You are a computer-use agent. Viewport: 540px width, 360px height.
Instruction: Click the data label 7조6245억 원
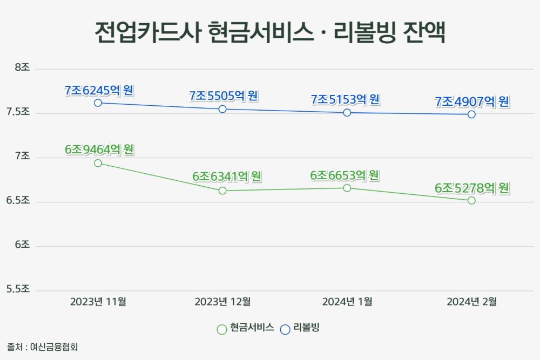coord(99,91)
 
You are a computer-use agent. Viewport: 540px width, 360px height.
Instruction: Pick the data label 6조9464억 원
coord(99,150)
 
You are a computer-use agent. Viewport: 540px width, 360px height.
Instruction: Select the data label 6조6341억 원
coord(227,176)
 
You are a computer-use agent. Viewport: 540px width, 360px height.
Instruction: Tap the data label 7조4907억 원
coord(472,102)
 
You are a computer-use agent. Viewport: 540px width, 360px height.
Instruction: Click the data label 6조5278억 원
coord(472,188)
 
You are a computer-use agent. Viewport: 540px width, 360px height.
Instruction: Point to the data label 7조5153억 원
coord(345,99)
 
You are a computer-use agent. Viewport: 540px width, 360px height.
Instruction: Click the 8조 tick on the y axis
coord(22,67)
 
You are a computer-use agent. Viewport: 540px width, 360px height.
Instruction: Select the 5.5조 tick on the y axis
coord(18,289)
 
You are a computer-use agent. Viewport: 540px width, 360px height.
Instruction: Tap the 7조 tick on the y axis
coord(22,156)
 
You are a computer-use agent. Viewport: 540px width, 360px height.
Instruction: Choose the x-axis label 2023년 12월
coord(222,302)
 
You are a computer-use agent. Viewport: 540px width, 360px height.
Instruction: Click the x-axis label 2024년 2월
coord(471,302)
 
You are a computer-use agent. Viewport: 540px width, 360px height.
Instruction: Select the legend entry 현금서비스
coord(246,328)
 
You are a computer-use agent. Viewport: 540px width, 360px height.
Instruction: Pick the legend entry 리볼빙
coord(300,328)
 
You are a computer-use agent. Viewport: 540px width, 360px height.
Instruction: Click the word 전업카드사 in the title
coord(147,32)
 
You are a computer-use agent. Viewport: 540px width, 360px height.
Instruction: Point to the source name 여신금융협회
coord(54,347)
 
